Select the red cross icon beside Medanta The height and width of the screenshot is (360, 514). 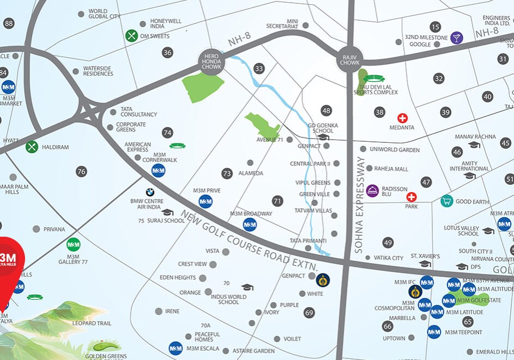(402, 118)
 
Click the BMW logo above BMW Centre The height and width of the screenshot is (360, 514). (150, 192)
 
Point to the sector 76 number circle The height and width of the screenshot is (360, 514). (82, 171)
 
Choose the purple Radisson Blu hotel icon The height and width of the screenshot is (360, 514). (372, 190)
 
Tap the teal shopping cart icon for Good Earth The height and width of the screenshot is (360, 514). (446, 201)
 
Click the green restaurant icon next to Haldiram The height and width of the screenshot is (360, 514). (32, 147)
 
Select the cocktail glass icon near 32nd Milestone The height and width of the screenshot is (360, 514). (456, 38)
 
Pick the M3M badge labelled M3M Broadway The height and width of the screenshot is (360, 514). (250, 224)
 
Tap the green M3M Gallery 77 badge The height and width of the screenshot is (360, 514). (73, 244)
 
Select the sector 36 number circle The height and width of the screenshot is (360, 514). (167, 52)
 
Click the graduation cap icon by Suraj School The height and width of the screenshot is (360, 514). (167, 212)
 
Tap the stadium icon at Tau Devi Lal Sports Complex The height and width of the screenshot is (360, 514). (374, 79)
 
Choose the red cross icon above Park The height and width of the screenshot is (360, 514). (412, 197)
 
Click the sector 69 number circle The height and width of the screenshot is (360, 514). (310, 313)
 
